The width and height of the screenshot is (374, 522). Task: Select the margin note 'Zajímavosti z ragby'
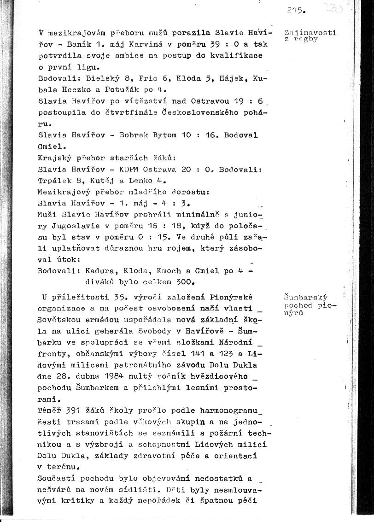click(x=310, y=35)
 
